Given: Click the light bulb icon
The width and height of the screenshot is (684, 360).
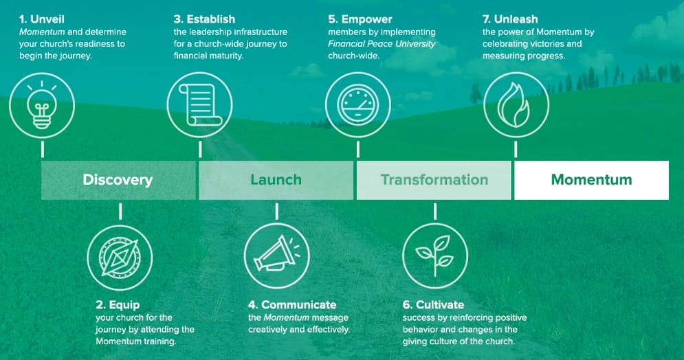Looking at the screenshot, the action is [42, 105].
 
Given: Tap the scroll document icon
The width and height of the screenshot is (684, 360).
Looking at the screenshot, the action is [200, 105].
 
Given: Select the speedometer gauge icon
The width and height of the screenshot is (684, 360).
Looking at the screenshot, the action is [357, 105].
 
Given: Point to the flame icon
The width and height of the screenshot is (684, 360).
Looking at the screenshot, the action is [516, 105].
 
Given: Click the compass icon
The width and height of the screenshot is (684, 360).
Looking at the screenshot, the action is [120, 257].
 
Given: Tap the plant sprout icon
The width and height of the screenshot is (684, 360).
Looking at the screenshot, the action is [435, 256].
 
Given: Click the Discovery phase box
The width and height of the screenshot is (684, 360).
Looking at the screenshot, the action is [118, 180].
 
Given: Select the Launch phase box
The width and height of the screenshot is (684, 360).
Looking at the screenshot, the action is [276, 180].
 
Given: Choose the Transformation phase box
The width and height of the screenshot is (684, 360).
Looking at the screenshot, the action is [434, 180].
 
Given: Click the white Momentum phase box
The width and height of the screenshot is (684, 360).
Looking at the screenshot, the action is [591, 180].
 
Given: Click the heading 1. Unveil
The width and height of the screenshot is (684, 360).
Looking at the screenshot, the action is [42, 19].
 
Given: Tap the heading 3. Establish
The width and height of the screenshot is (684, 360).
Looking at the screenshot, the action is [204, 19].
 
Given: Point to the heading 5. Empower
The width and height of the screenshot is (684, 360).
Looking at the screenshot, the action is [360, 20].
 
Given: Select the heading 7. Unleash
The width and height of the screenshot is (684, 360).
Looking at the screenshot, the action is [510, 19].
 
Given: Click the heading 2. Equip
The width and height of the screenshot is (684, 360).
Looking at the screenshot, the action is [118, 305].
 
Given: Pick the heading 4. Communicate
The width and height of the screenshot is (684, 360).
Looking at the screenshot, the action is [292, 304].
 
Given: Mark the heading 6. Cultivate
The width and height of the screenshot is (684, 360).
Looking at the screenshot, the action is [433, 304].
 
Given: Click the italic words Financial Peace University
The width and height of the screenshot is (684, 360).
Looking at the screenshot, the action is [382, 44].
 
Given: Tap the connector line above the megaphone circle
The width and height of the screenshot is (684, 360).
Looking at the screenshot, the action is [276, 212].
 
